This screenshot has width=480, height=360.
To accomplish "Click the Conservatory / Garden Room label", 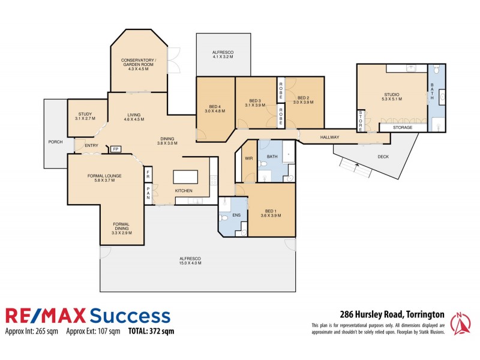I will tap(138, 64).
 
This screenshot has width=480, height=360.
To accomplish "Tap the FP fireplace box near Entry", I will tap(115, 149).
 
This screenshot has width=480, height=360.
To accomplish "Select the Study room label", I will tap(85, 116).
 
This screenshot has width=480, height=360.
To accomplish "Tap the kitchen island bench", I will tap(185, 177).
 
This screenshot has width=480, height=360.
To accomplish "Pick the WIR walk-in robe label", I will tap(249, 158).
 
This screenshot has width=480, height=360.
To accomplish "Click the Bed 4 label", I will tap(214, 109).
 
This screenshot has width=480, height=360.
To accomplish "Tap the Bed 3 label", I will tap(256, 103).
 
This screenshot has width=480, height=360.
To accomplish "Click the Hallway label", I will tap(329, 137).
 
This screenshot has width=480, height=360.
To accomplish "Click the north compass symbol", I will tap(460, 325).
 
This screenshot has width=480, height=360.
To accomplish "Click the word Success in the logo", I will tap(128, 316).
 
